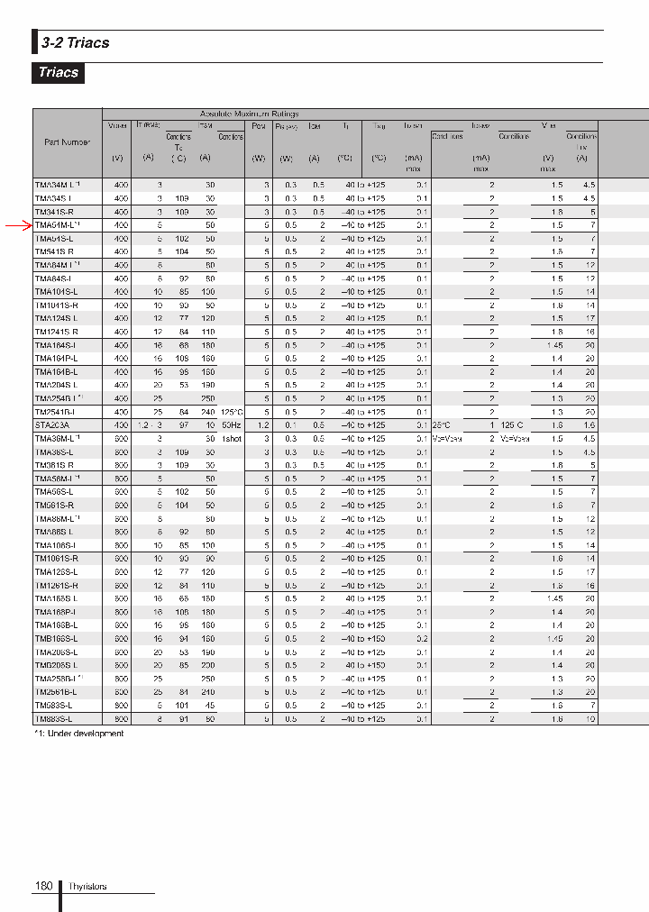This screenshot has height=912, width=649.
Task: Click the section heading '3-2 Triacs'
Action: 75,42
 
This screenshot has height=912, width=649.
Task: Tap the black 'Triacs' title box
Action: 59,73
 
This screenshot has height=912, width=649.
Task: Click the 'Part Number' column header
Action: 67,142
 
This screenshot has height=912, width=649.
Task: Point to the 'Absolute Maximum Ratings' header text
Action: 249,114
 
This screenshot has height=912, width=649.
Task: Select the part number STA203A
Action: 52,424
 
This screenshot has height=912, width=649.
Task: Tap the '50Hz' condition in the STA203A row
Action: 230,424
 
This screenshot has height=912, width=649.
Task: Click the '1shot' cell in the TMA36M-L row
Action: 231,438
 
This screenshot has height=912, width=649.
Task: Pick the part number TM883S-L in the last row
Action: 54,718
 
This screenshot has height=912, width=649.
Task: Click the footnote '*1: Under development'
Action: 78,734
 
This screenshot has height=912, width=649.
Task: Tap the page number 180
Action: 43,887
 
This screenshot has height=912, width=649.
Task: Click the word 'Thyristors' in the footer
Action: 87,887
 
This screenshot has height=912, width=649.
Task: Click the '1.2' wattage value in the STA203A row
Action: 263,424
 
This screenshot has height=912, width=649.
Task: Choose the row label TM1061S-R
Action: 56,559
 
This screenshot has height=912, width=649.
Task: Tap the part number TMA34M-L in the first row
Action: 57,185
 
